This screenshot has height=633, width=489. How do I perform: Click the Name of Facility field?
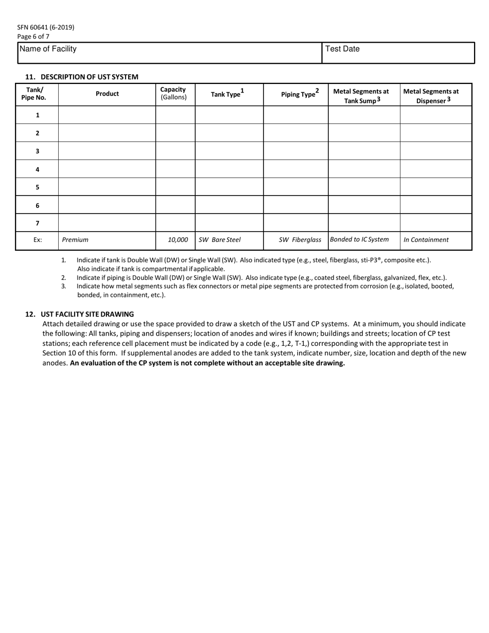coord(169,53)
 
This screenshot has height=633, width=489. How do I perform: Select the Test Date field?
coord(398,53)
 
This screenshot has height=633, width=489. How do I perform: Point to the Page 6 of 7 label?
coord(33,37)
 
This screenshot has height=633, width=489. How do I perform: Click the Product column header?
coord(107,94)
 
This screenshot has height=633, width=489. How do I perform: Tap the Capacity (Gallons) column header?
coord(173,93)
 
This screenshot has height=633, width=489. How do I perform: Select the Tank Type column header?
coord(227,94)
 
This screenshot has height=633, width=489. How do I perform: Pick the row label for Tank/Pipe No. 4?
coord(37,169)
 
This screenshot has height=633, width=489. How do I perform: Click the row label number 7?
coord(37,223)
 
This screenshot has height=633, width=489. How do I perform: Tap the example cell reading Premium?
coord(75,240)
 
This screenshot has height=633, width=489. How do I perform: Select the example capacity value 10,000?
coord(178,240)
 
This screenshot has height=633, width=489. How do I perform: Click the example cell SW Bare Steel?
coord(220,240)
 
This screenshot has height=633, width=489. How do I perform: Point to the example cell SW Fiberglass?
coord(300,240)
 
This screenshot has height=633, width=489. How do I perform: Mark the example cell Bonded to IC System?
coord(359,239)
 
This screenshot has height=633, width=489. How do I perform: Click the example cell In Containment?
coord(426,240)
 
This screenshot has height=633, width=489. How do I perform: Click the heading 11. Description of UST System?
coord(82,77)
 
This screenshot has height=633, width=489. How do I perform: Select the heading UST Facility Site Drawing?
coord(80,314)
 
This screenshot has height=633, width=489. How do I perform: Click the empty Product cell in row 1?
coord(107,115)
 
